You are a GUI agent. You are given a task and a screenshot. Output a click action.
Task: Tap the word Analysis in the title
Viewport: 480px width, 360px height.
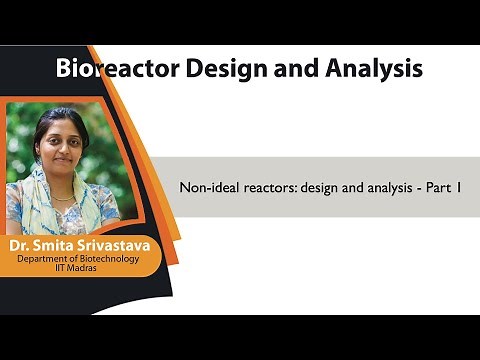coord(370,69)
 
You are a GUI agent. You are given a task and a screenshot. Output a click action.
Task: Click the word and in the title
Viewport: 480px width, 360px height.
coord(292,69)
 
